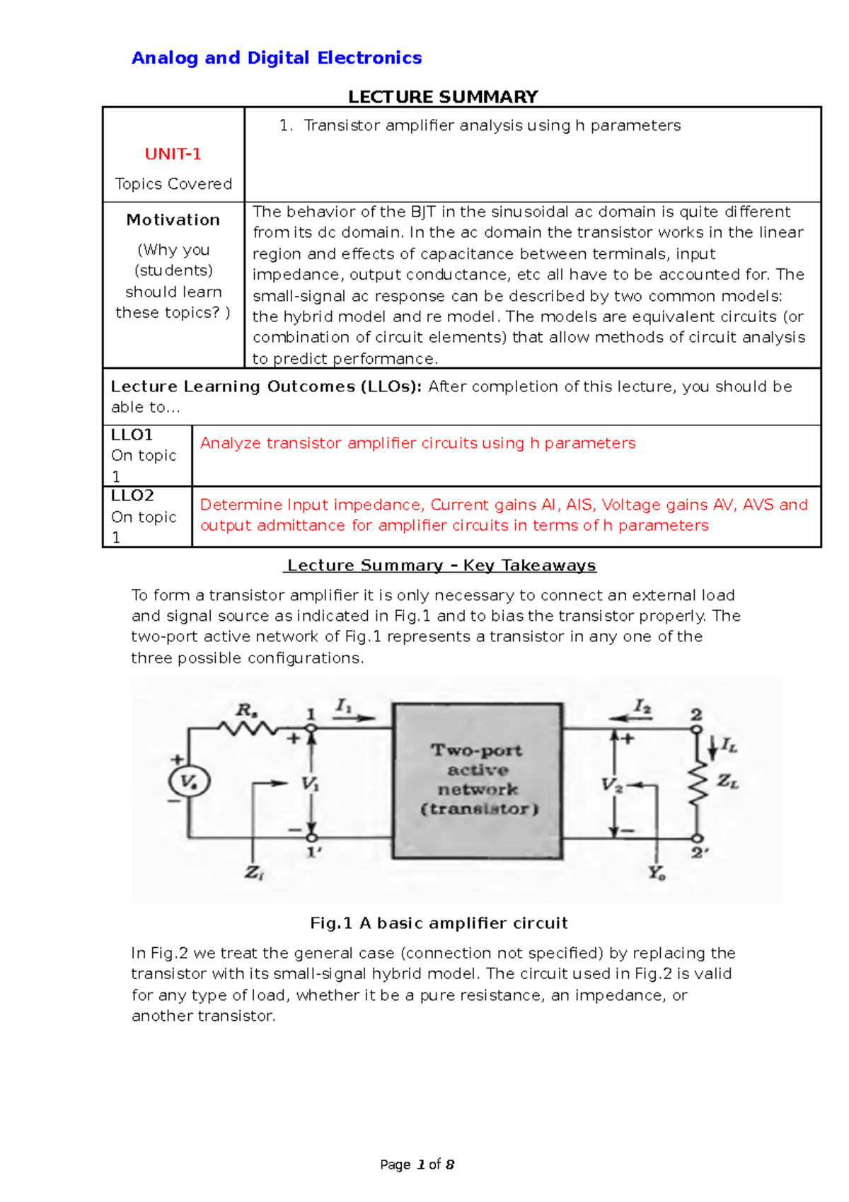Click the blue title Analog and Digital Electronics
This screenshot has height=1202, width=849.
tap(277, 58)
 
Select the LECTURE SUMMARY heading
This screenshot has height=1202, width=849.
tap(443, 97)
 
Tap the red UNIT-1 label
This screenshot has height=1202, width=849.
tap(173, 154)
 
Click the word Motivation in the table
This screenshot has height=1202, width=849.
tap(173, 220)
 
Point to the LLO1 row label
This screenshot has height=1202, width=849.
tap(132, 435)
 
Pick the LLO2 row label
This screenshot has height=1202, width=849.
tap(132, 496)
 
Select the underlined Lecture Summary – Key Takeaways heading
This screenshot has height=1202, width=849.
tap(441, 566)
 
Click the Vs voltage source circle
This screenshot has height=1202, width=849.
tap(188, 782)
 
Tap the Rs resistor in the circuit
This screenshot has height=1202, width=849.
tap(248, 727)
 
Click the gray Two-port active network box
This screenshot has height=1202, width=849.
tap(478, 781)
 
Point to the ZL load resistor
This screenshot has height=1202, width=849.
tap(698, 782)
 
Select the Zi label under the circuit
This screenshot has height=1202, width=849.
tap(254, 874)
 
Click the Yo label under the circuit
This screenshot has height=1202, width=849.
tap(657, 874)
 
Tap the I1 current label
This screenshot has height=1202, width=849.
tap(344, 706)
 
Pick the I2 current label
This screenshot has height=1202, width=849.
tap(642, 706)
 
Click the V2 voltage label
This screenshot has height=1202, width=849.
tap(611, 785)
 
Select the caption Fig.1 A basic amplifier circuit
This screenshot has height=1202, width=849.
tap(439, 923)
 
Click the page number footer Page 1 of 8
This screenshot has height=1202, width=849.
tap(417, 1164)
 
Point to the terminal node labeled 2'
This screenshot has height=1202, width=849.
tap(697, 839)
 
